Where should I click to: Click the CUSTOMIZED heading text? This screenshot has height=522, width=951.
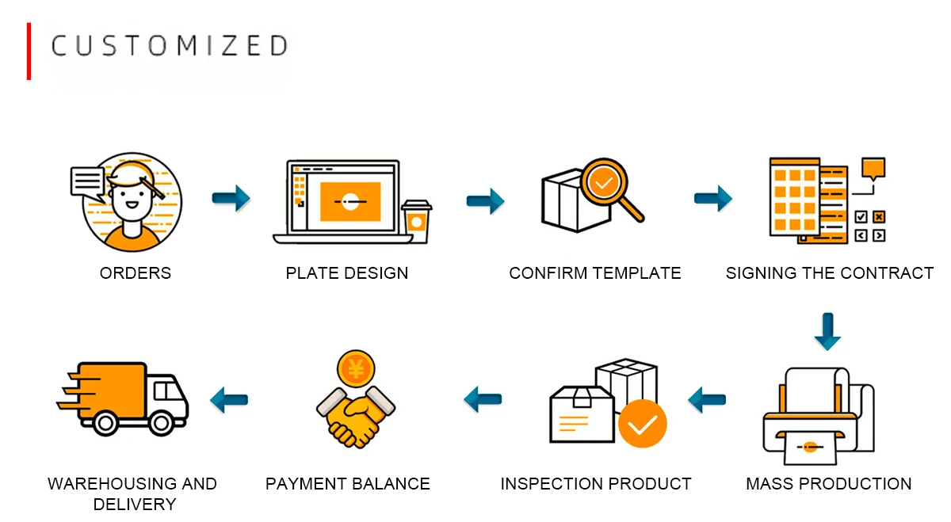tap(169, 46)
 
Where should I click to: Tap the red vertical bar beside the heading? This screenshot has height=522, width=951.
tap(29, 51)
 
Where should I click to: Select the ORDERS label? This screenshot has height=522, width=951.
tap(136, 273)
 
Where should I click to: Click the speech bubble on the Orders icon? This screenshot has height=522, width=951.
tap(86, 181)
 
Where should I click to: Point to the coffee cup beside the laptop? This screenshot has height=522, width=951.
tap(416, 221)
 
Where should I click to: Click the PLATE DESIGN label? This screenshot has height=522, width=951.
tap(347, 273)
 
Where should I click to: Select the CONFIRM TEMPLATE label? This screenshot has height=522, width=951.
tap(595, 273)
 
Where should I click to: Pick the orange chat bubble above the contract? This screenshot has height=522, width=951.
tap(873, 169)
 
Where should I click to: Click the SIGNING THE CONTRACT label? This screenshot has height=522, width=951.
tap(830, 273)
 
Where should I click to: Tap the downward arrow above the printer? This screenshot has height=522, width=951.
tap(828, 331)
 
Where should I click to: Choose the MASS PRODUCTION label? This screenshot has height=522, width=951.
tap(829, 483)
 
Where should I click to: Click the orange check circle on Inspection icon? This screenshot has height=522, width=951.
tap(642, 424)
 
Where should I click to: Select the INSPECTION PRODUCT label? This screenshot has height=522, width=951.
tap(596, 483)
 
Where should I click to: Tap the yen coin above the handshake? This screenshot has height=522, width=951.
tap(355, 369)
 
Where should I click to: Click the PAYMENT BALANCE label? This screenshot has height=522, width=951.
tap(348, 483)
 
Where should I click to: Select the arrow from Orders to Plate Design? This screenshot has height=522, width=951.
tap(231, 198)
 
